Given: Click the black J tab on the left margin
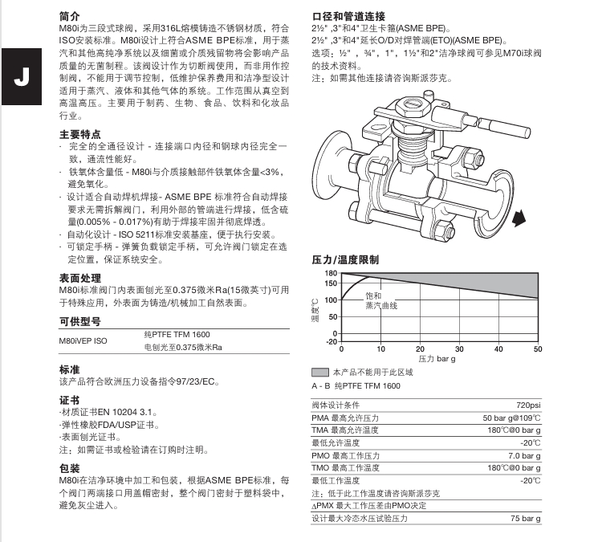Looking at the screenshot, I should click(22, 78).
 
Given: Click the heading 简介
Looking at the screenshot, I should click(70, 16).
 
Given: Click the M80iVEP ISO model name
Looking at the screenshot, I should click(83, 340).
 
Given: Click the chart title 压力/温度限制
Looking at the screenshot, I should click(345, 260).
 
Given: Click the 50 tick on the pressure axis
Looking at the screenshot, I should click(537, 348).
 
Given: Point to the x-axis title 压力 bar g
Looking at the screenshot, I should click(437, 358).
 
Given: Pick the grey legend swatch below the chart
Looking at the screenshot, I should click(319, 373).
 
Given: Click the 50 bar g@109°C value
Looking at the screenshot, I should click(511, 418).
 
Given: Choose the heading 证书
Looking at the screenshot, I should click(70, 399).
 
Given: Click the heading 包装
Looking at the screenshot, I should click(70, 467).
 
